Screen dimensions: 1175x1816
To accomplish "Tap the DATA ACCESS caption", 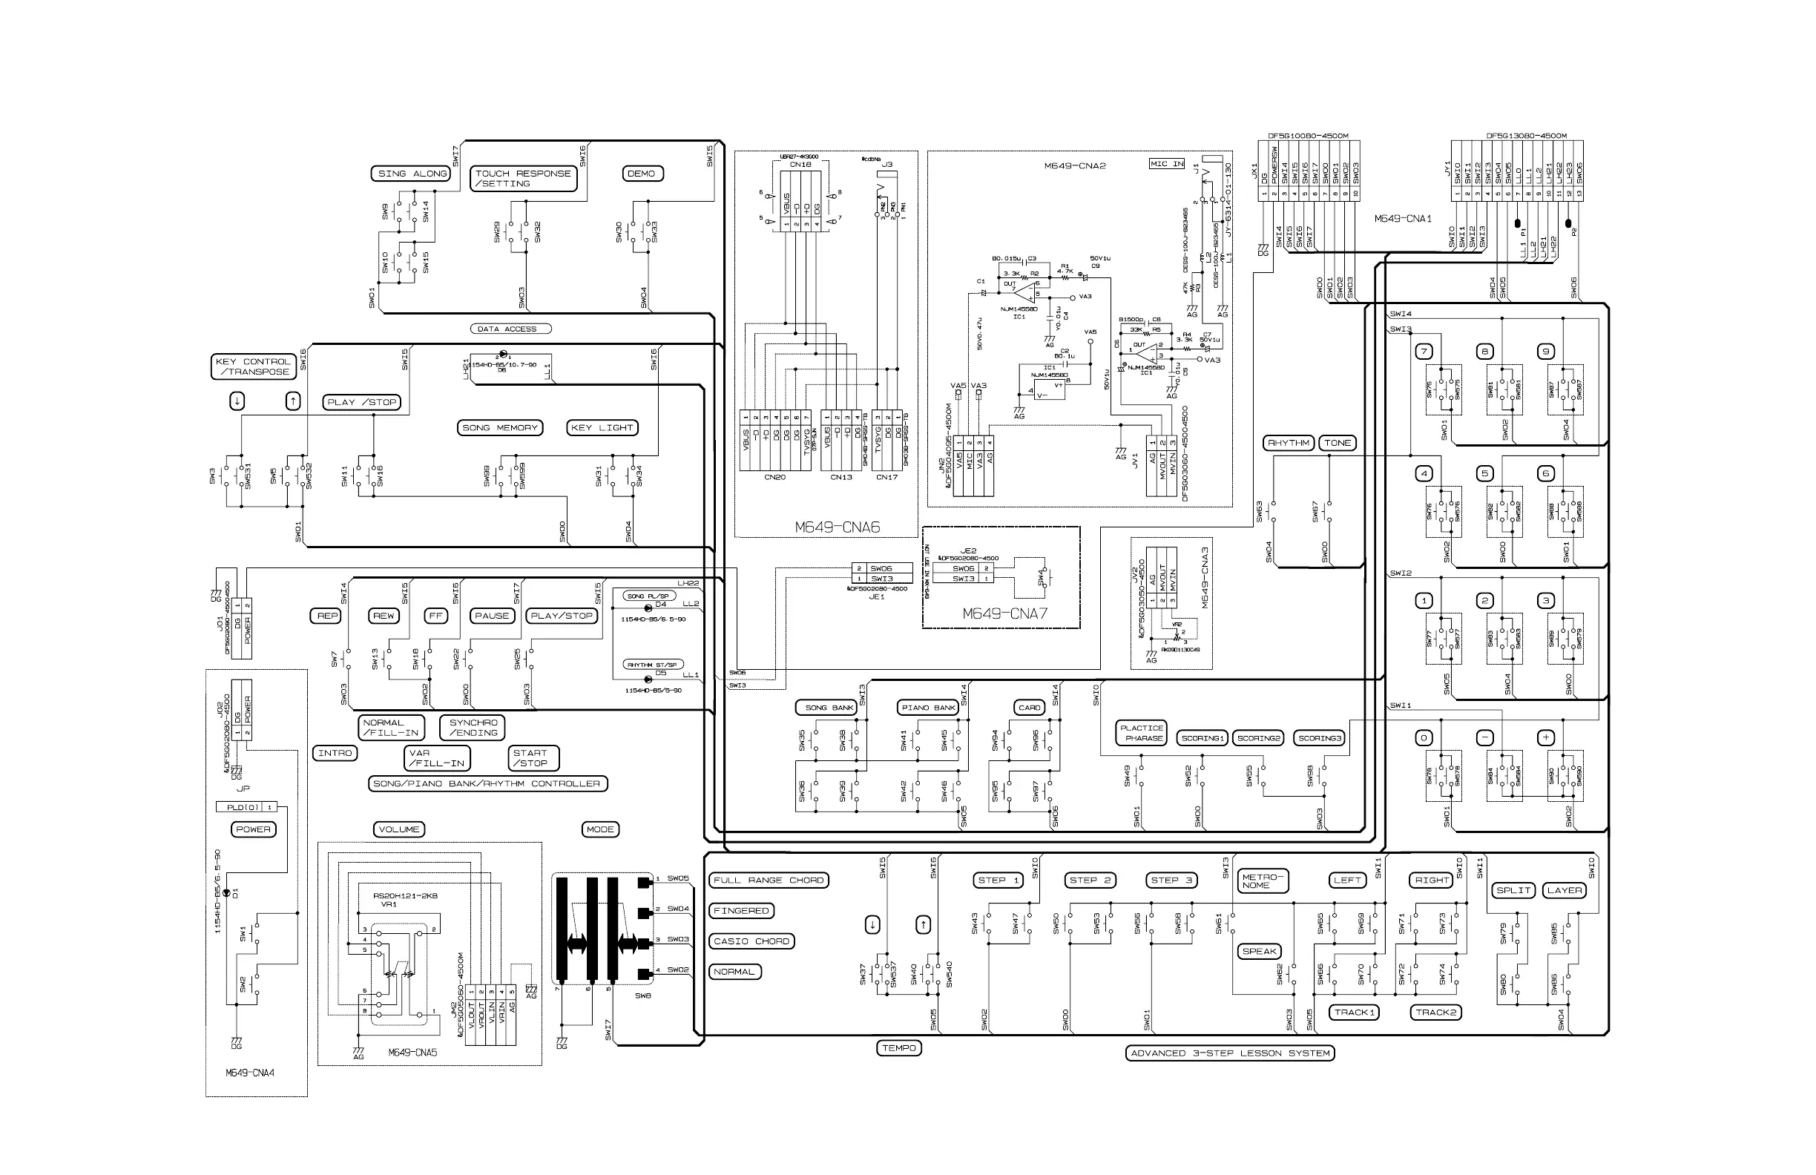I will pos(509,329).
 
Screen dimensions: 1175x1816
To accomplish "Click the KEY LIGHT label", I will pos(602,427).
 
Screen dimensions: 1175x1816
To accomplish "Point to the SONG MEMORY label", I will pos(500,427).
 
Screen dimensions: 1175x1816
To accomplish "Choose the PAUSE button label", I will pos(492,616).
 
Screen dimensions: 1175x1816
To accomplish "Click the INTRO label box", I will pos(335,753).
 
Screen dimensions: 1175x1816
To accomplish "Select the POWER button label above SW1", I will pos(253,829).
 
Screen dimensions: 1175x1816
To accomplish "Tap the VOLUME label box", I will pos(399,829).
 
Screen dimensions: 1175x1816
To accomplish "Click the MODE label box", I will pos(600,829).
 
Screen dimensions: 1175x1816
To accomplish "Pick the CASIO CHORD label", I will pos(751,941).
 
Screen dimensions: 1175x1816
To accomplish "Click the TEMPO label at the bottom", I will pos(899,1048).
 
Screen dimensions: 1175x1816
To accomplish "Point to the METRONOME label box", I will pos(1260,881).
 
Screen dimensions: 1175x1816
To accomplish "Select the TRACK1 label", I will pos(1355,1013).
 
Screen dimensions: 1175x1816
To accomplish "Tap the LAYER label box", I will pos(1565,890).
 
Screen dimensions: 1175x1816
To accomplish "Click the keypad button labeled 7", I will pos(1424,352).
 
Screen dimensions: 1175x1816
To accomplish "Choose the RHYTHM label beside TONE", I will pos(1288,443).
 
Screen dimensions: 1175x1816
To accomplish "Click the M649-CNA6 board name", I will pos(837,527).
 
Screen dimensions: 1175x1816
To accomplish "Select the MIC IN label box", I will pos(1168,164).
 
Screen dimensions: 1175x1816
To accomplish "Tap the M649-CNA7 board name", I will pos(1005,613).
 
